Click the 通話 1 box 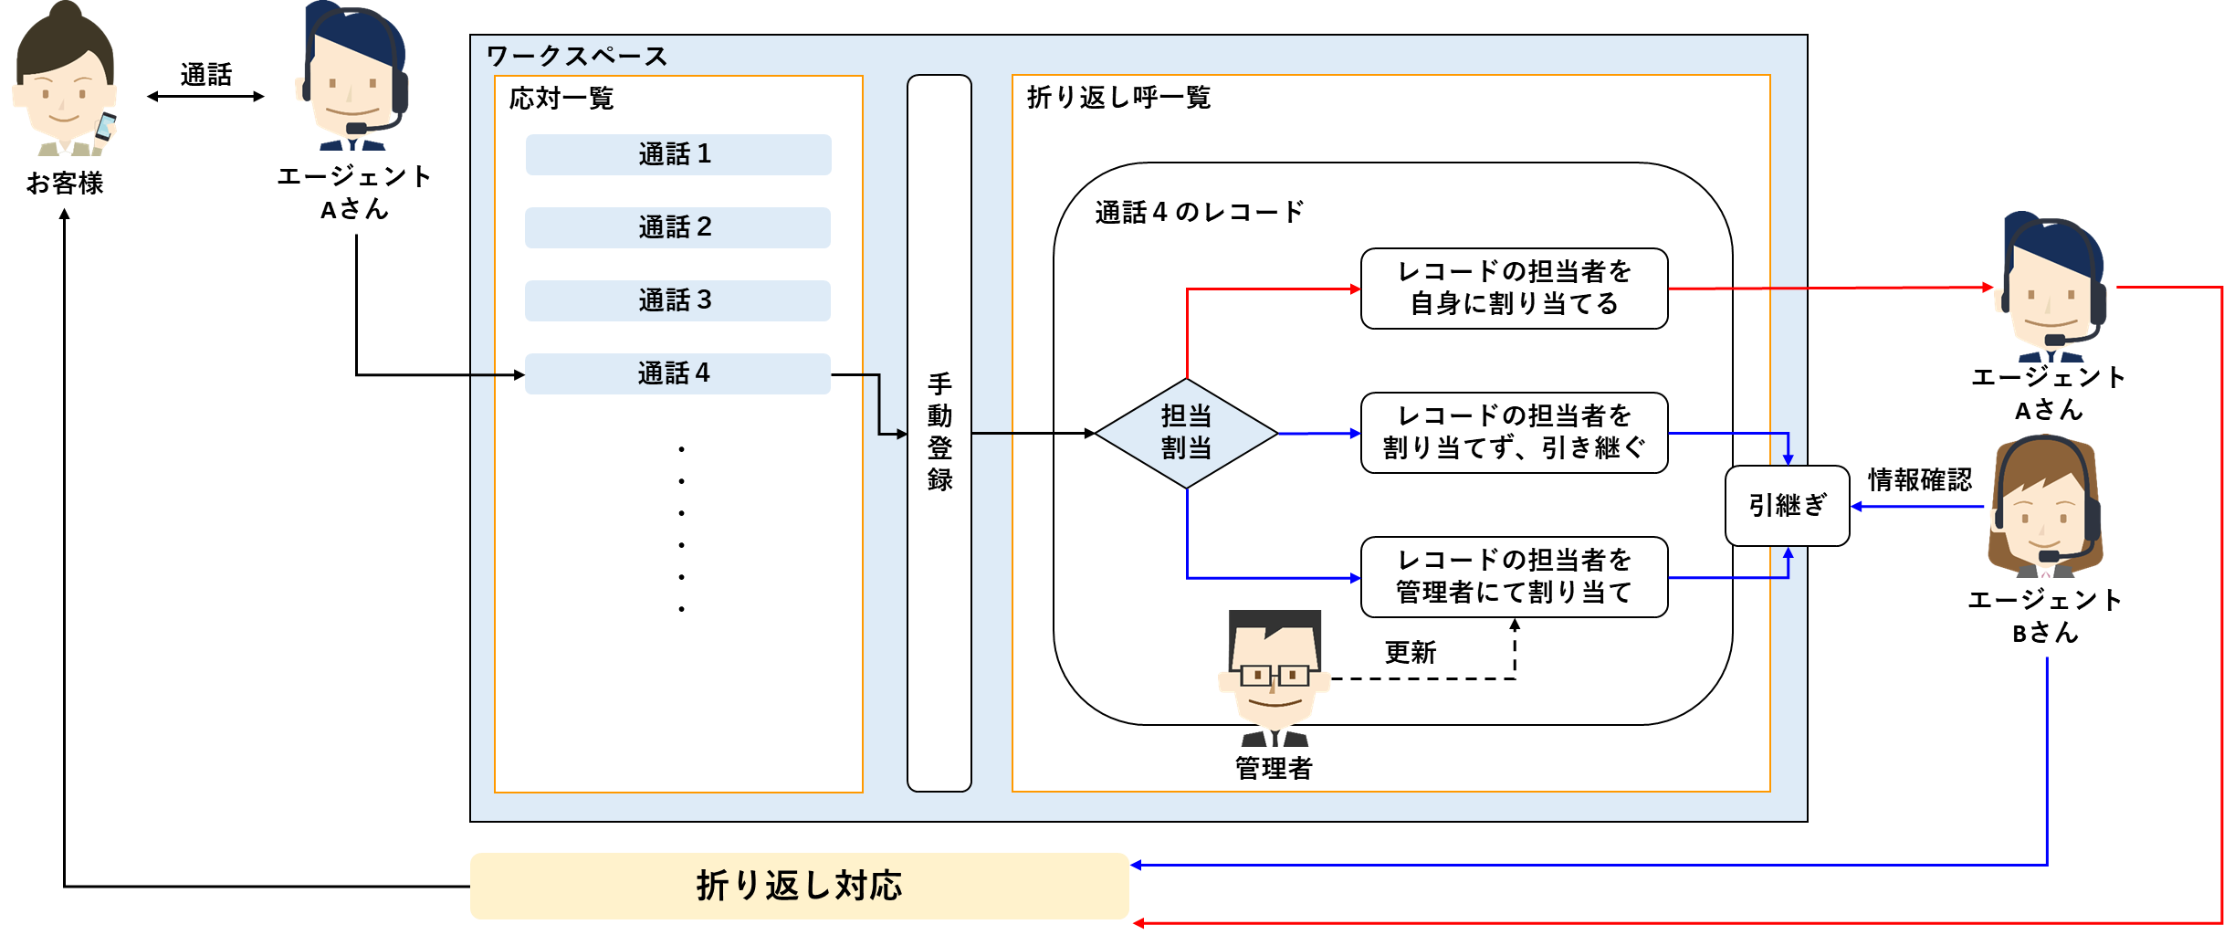677,154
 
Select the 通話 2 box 677,227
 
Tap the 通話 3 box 677,300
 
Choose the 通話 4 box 677,373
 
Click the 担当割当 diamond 1186,433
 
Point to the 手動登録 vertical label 939,432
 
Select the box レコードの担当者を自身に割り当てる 1514,289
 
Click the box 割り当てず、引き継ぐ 1514,433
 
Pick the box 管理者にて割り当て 1514,577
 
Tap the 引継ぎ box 1787,506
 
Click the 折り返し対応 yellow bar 799,886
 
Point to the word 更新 1411,652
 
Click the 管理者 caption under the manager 1274,768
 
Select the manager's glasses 1275,676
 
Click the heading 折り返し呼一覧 1118,98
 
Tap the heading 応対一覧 561,98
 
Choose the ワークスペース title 577,57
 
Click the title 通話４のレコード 1199,213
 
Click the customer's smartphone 105,126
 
